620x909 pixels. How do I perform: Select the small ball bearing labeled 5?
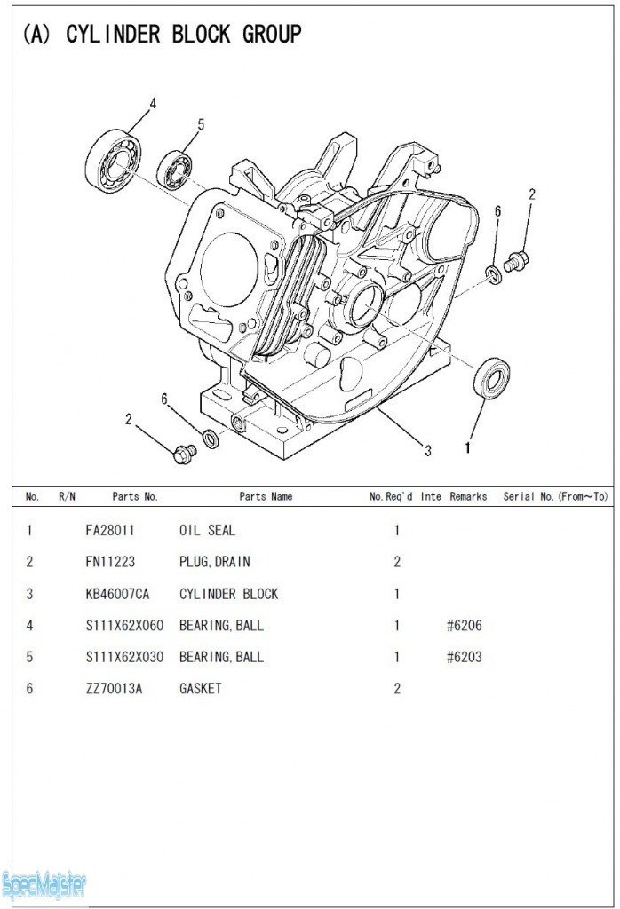point(176,170)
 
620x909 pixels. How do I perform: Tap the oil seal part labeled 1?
point(491,378)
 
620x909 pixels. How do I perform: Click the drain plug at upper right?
point(515,261)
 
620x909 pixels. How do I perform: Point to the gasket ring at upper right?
point(494,273)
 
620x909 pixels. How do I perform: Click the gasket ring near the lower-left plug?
point(211,439)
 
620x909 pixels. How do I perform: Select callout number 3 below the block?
point(427,450)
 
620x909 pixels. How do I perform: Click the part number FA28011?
point(110,531)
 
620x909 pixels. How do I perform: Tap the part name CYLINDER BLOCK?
point(229,594)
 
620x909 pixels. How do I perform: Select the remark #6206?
point(465,626)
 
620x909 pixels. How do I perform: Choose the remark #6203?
point(465,657)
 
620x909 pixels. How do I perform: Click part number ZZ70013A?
point(113,689)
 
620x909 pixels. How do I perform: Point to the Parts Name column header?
point(266,497)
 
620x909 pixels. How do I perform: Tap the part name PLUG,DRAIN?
point(215,562)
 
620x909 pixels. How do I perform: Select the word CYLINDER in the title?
point(113,35)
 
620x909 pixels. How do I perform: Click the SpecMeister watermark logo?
point(44,884)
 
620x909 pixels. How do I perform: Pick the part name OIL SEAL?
point(208,531)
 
